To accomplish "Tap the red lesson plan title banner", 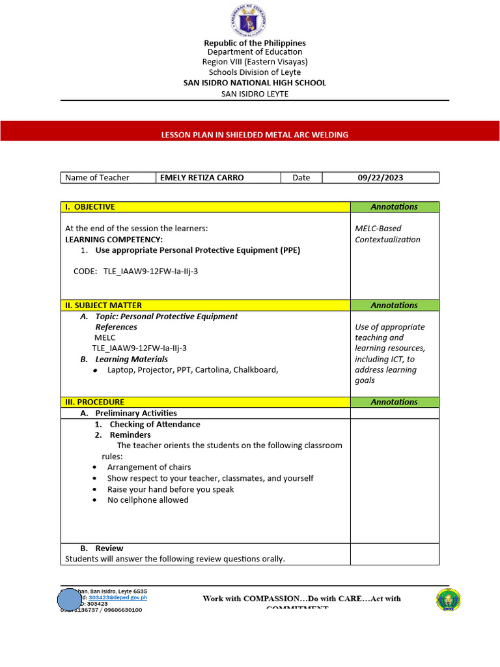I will (250, 134).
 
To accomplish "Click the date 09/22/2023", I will (381, 178).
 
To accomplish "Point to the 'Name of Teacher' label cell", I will (98, 178).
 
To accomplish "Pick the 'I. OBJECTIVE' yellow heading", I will (89, 207).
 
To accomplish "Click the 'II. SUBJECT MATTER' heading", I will (103, 305).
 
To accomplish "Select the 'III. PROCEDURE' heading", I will (94, 403).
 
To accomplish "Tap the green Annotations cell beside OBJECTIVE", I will (394, 207).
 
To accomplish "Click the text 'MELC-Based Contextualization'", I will (387, 234).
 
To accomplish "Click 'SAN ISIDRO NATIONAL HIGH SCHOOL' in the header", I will (255, 83).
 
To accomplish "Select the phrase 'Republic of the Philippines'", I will (255, 43).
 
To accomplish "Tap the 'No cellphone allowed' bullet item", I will (148, 500).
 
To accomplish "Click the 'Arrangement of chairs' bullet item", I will (149, 467).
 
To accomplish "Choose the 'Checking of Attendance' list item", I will (154, 425).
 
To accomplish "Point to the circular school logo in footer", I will (448, 600).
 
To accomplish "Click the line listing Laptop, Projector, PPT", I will (193, 370).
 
